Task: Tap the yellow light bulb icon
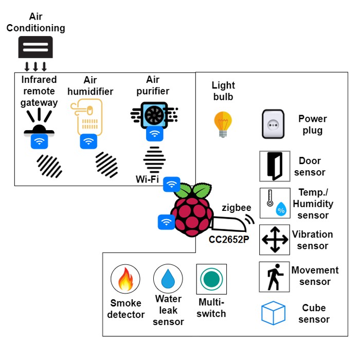pyautogui.click(x=223, y=124)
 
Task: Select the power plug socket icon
pyautogui.click(x=274, y=124)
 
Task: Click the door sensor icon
pyautogui.click(x=274, y=166)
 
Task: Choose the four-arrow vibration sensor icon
pyautogui.click(x=274, y=240)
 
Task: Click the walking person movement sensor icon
pyautogui.click(x=274, y=277)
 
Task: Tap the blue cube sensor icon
pyautogui.click(x=273, y=313)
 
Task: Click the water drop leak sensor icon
pyautogui.click(x=168, y=279)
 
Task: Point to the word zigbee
pyautogui.click(x=237, y=208)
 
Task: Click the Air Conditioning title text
pyautogui.click(x=35, y=23)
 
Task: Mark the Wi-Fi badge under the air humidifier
pyautogui.click(x=88, y=141)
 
